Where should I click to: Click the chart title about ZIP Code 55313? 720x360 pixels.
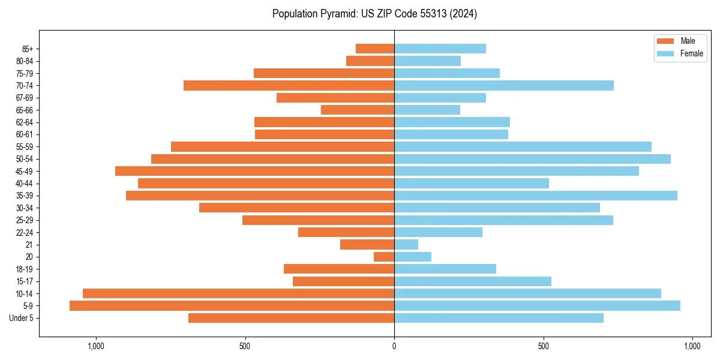point(374,14)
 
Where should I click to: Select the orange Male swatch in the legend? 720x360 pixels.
point(665,41)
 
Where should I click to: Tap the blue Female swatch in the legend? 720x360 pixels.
point(665,53)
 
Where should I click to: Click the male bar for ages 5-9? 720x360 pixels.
point(232,306)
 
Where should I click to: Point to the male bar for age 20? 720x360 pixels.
point(384,257)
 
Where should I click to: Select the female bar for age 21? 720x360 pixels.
point(406,245)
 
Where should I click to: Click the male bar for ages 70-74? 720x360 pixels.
point(289,86)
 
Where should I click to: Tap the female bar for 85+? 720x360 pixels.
point(440,49)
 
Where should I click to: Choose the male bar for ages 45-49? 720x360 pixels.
point(254,171)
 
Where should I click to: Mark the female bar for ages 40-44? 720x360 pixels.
point(472,184)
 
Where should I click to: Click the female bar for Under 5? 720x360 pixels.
point(499,318)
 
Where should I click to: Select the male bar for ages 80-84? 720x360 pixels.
point(370,61)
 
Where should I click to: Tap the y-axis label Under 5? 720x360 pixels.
point(22,318)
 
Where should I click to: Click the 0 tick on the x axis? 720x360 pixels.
point(394,346)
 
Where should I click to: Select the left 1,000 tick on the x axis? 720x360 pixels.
point(96,346)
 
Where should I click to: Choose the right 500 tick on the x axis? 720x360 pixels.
point(543,346)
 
